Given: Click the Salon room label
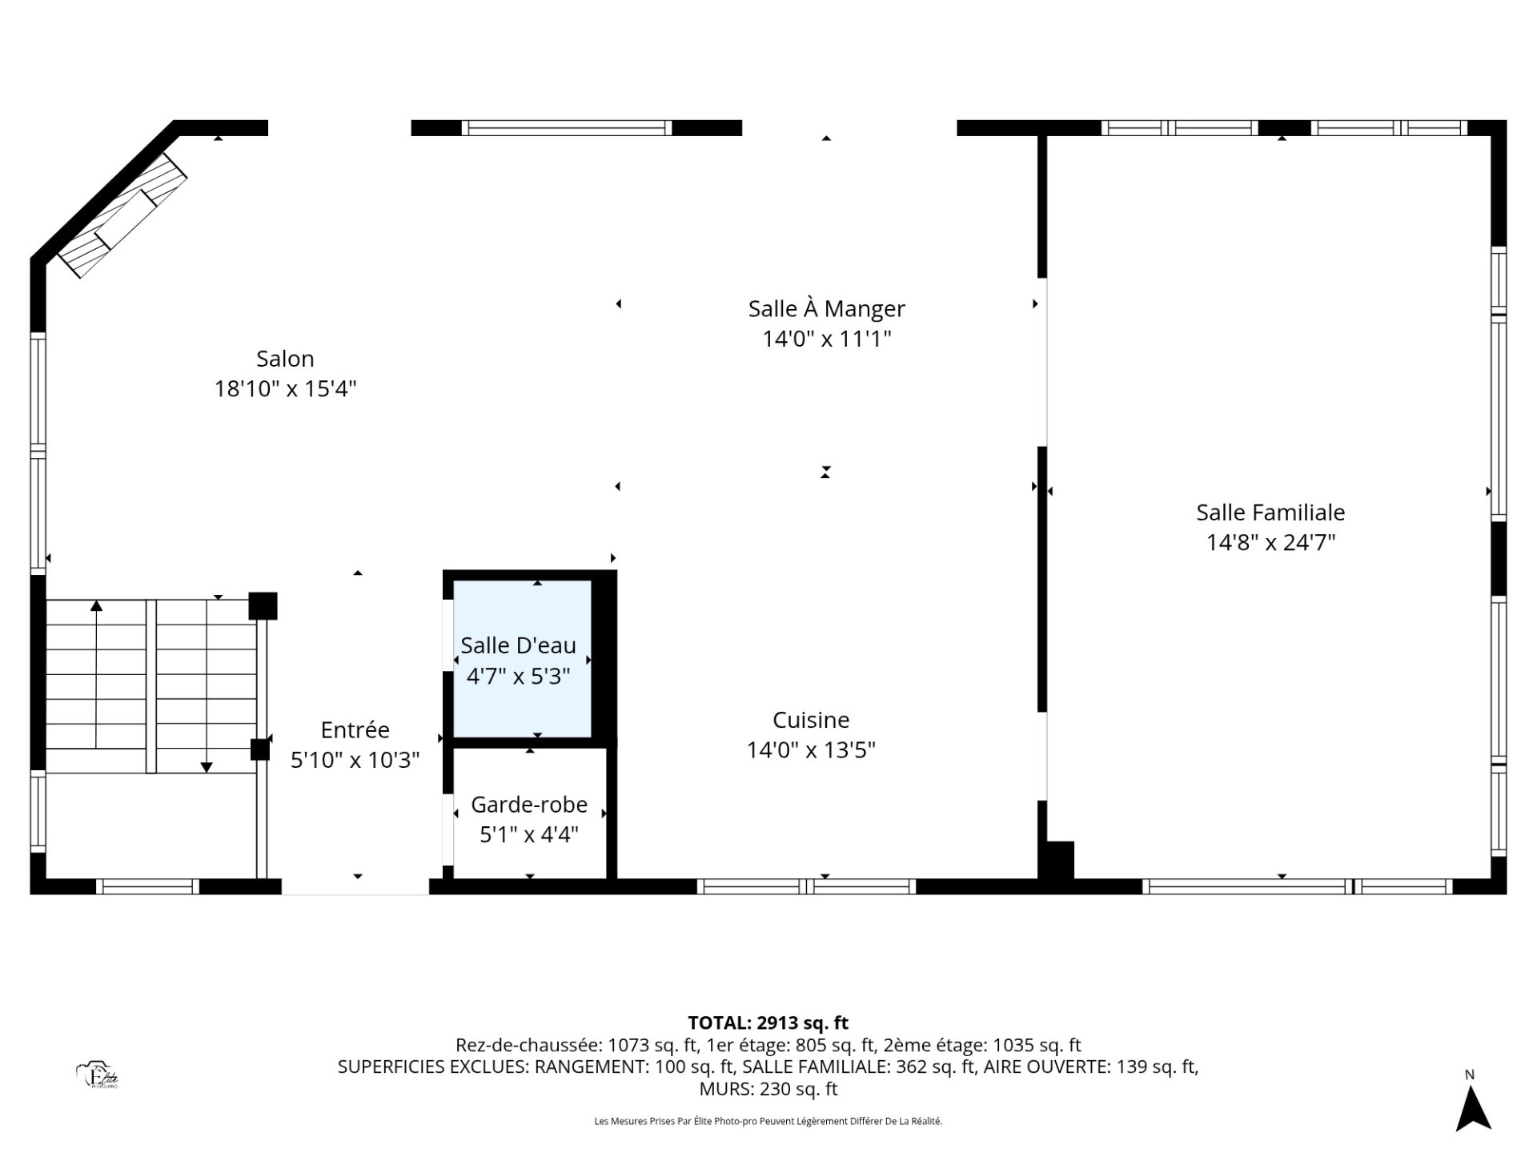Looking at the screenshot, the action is [285, 359].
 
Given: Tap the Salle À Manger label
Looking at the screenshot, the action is [826, 308].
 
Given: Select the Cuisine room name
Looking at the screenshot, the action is [811, 720].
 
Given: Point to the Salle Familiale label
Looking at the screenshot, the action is [1270, 512].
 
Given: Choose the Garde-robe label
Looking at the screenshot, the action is [529, 804].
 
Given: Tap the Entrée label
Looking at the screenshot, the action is [355, 729].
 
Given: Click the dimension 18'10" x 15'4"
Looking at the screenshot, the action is [285, 389].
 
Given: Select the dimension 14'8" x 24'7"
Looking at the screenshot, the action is [1270, 543].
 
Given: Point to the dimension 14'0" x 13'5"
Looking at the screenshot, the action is [811, 750].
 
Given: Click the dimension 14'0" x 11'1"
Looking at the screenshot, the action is [826, 339].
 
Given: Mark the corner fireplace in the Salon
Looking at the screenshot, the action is [122, 215].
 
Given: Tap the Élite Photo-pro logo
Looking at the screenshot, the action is [98, 1075].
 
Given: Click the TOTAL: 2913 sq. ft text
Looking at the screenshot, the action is [768, 1022].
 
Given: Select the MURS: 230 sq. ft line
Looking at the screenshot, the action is [768, 1089].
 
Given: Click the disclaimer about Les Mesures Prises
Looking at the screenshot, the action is [768, 1122].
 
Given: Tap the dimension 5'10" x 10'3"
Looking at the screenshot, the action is [355, 760].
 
